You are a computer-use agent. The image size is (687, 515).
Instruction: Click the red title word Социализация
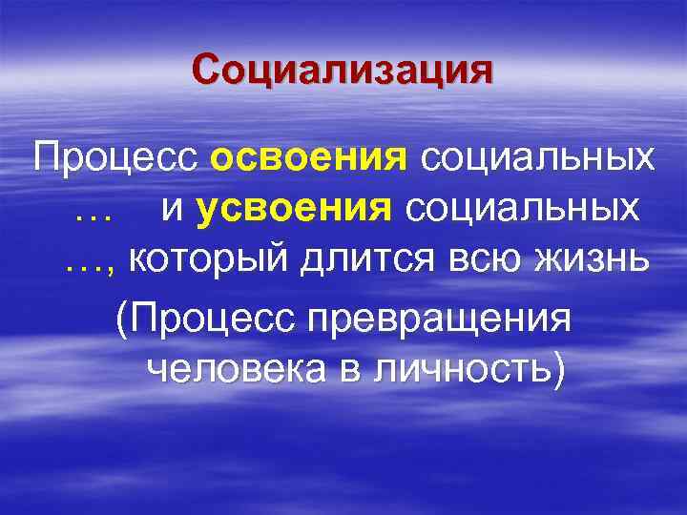[343, 70]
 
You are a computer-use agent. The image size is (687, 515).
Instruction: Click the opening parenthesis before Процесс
[121, 319]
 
